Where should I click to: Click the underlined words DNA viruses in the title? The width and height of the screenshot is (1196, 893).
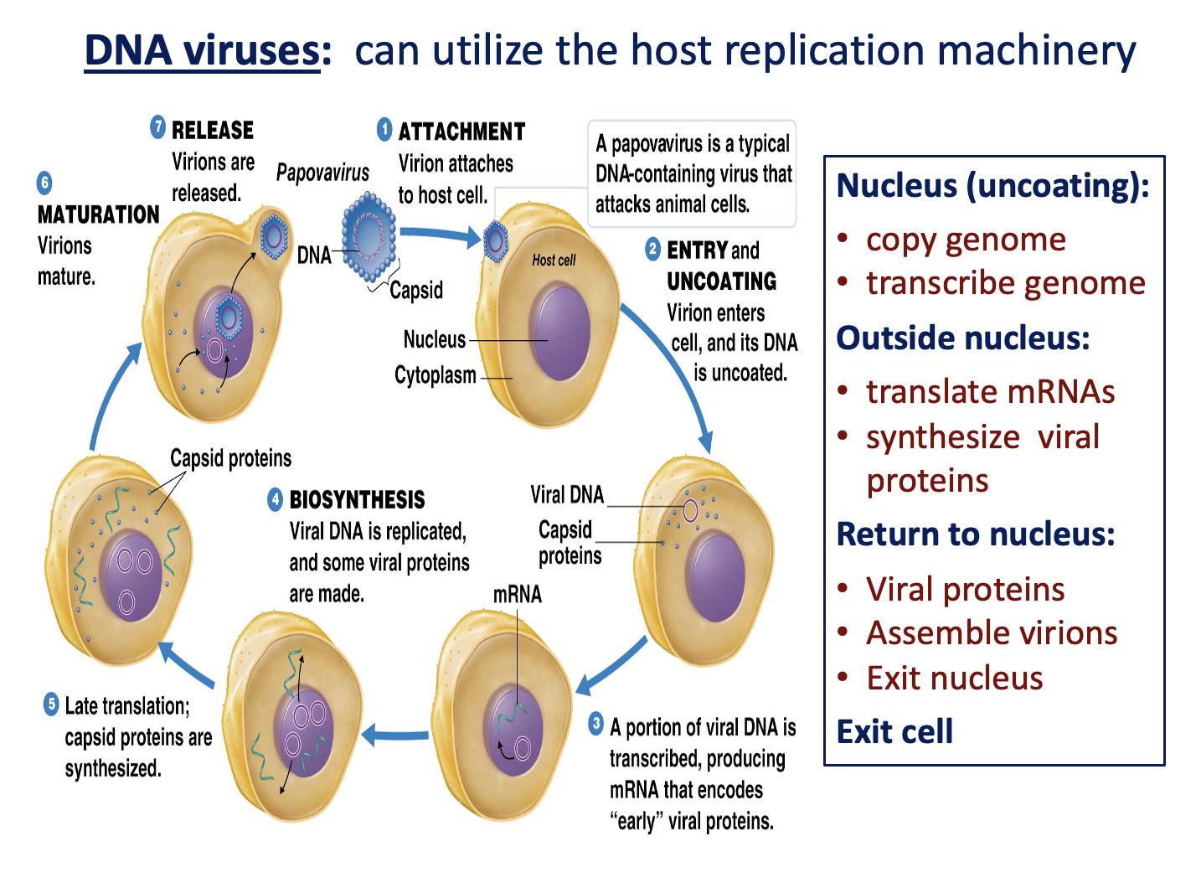tap(202, 50)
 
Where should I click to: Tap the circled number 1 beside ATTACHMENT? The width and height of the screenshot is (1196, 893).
tap(384, 130)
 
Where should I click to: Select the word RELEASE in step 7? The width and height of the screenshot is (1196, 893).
tap(212, 130)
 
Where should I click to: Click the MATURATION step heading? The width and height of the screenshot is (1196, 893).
tap(98, 214)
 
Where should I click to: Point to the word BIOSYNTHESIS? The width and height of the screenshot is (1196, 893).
tap(357, 500)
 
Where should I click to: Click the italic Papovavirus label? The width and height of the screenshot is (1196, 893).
tap(322, 173)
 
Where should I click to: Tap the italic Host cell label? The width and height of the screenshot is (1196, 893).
tap(554, 261)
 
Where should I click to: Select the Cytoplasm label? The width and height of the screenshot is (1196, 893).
tap(435, 375)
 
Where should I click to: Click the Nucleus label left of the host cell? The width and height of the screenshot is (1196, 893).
tap(434, 339)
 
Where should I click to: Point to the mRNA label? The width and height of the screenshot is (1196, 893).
tap(517, 595)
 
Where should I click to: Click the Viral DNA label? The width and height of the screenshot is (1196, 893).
tap(567, 495)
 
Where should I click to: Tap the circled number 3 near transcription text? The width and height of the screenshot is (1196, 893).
tap(595, 724)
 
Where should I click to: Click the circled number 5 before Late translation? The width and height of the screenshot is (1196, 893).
tap(51, 705)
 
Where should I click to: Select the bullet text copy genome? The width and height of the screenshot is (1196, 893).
tap(965, 240)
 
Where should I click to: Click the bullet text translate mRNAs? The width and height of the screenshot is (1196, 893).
tap(990, 392)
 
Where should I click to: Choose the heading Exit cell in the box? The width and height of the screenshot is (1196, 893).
tap(894, 731)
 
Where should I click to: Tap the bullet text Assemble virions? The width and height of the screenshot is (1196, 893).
tap(992, 633)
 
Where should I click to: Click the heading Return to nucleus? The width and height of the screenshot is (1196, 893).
tap(976, 534)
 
